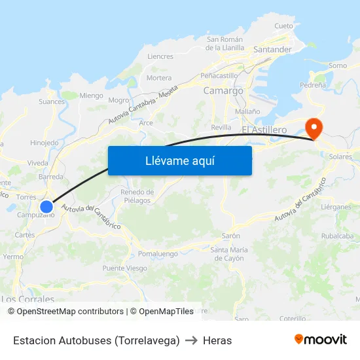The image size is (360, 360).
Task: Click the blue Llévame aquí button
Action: [179, 160]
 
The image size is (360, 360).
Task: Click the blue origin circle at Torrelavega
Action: [46, 207]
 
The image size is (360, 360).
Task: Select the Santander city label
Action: [272, 49]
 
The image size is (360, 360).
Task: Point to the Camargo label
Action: [223, 91]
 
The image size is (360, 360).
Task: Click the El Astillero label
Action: [264, 130]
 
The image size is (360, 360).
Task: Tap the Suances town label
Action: [52, 101]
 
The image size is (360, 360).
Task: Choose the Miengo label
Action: [91, 95]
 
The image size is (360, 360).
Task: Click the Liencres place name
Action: [160, 57]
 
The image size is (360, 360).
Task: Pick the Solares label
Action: [340, 157]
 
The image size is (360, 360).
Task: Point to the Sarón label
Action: [231, 236]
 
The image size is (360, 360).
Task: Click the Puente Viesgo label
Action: [124, 268]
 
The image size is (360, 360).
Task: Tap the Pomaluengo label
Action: [158, 253]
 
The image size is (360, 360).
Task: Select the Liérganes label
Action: [336, 206]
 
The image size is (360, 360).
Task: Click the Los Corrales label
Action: [27, 299]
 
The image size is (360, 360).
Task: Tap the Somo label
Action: [338, 65]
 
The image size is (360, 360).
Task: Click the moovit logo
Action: [320, 339]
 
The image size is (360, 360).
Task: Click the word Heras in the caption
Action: [217, 340]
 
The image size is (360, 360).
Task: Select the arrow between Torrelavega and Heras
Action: [191, 340]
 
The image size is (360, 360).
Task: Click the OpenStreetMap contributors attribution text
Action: [65, 312]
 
